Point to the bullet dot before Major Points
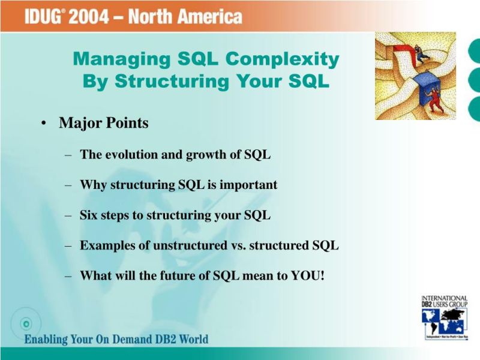pyautogui.click(x=44, y=124)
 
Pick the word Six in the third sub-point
pyautogui.click(x=89, y=215)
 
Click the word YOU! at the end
pyautogui.click(x=309, y=276)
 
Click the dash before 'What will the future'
pyautogui.click(x=68, y=276)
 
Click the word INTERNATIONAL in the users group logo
pyautogui.click(x=445, y=298)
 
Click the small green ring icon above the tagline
pyautogui.click(x=26, y=323)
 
